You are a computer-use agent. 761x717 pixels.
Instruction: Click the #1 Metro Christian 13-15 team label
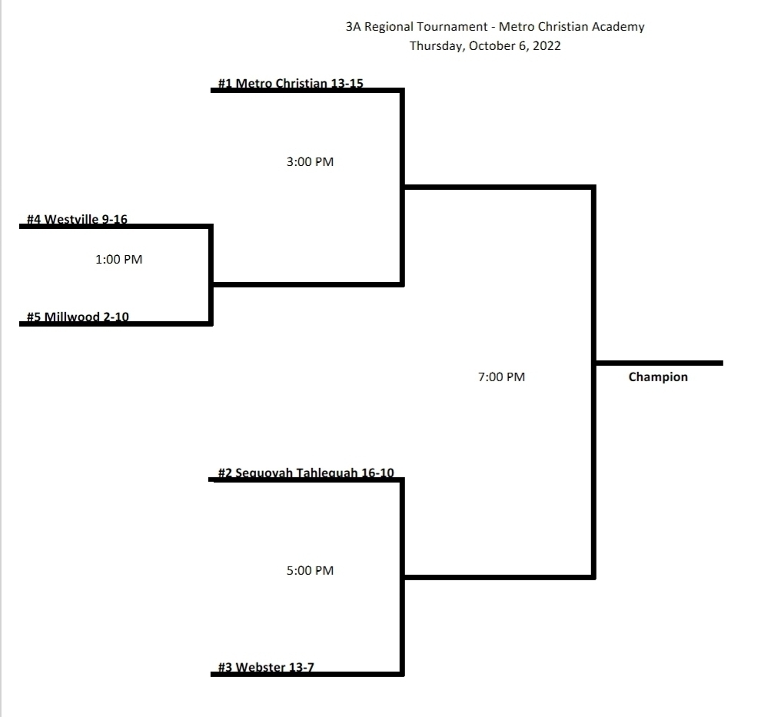tap(291, 84)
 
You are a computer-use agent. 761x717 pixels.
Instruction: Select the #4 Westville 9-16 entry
tap(77, 219)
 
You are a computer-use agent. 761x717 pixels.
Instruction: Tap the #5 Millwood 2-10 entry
tap(78, 317)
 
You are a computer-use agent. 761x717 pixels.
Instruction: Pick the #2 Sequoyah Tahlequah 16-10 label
tap(306, 473)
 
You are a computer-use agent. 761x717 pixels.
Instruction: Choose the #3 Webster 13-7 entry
tap(266, 667)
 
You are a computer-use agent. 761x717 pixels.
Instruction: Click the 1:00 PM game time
tap(119, 260)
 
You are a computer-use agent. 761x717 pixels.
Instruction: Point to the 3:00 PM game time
tap(310, 161)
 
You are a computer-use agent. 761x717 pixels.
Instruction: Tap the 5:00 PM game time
tap(310, 570)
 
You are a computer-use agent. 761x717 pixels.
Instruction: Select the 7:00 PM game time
tap(501, 377)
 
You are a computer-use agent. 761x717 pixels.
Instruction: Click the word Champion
tap(658, 377)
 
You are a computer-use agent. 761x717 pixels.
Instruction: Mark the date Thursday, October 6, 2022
tap(485, 46)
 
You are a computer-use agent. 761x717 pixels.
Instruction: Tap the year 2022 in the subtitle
tap(547, 45)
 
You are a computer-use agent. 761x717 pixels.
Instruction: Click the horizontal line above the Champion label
tap(659, 363)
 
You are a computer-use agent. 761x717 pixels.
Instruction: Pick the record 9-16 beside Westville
tap(114, 219)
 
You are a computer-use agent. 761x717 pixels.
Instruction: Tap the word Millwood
tap(71, 317)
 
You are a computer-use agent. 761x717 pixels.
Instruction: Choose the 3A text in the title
tap(354, 27)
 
